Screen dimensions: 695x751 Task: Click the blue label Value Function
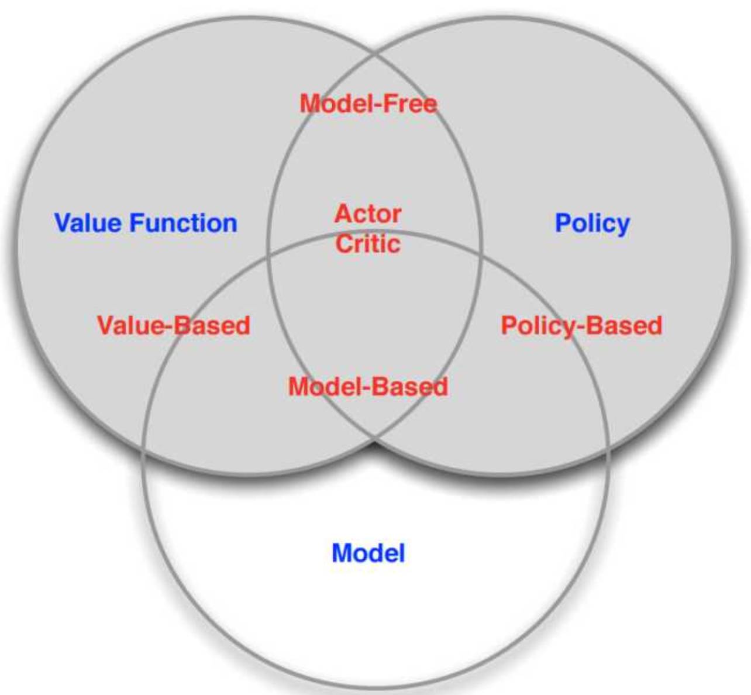pos(146,223)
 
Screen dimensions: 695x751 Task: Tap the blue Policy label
pos(592,223)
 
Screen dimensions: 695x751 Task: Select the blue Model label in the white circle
pos(368,553)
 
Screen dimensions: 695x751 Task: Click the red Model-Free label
pos(368,104)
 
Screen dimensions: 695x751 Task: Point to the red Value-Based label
pos(173,325)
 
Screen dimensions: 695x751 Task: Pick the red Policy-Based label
pos(581,325)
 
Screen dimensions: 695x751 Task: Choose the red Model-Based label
pos(368,387)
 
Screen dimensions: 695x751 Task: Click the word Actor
pos(368,214)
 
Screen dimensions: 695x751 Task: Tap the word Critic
pos(368,243)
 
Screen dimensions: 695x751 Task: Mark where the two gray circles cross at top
pos(374,56)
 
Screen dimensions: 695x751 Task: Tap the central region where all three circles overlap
pos(374,304)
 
